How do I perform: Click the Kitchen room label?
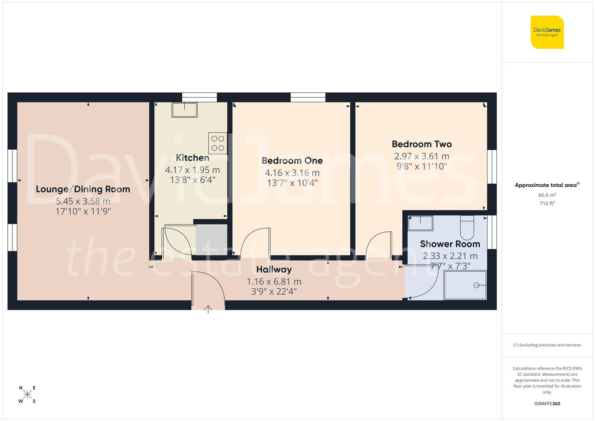coord(192,158)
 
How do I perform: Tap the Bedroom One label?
coord(292,161)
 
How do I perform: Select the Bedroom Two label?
coord(422,144)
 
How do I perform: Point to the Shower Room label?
coord(450,244)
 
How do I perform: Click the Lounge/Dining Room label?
coord(83,189)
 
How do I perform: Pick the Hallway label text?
coord(274,269)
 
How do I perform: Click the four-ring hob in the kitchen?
coord(218,143)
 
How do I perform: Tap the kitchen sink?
coord(185,110)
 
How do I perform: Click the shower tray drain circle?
coord(476,285)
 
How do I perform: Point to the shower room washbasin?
coord(420,223)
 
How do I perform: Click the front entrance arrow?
coord(208,309)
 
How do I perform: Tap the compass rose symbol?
coord(27,394)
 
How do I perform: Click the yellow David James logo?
coord(547,32)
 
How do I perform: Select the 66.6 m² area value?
coord(547,195)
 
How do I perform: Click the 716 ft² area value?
coord(547,203)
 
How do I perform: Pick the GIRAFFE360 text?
coord(547,404)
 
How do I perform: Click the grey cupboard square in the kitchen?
coord(211,240)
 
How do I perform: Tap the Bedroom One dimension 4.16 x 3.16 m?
coord(292,173)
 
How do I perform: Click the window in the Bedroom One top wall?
coord(308,97)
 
